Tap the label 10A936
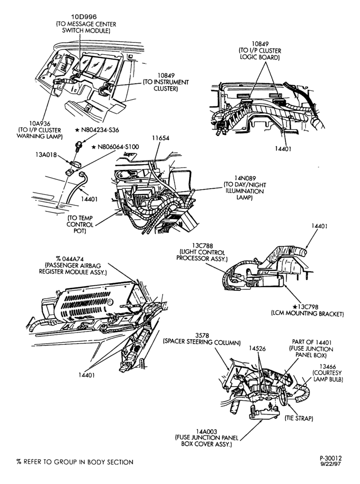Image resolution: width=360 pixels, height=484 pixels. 40,124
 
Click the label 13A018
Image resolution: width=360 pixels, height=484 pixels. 46,155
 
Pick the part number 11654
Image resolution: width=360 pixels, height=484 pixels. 161,138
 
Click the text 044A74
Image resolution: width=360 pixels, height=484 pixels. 73,258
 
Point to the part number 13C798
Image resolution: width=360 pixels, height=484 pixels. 309,307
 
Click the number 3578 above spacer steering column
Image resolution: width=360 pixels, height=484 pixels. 203,335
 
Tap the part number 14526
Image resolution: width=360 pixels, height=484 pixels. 257,348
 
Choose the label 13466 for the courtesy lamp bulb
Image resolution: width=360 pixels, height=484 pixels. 328,366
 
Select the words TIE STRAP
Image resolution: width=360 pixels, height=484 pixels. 299,419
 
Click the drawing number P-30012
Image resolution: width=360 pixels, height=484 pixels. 330,458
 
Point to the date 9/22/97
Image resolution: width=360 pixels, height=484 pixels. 330,464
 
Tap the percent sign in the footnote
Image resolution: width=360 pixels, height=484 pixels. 19,462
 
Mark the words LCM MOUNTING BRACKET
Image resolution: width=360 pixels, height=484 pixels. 307,314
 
